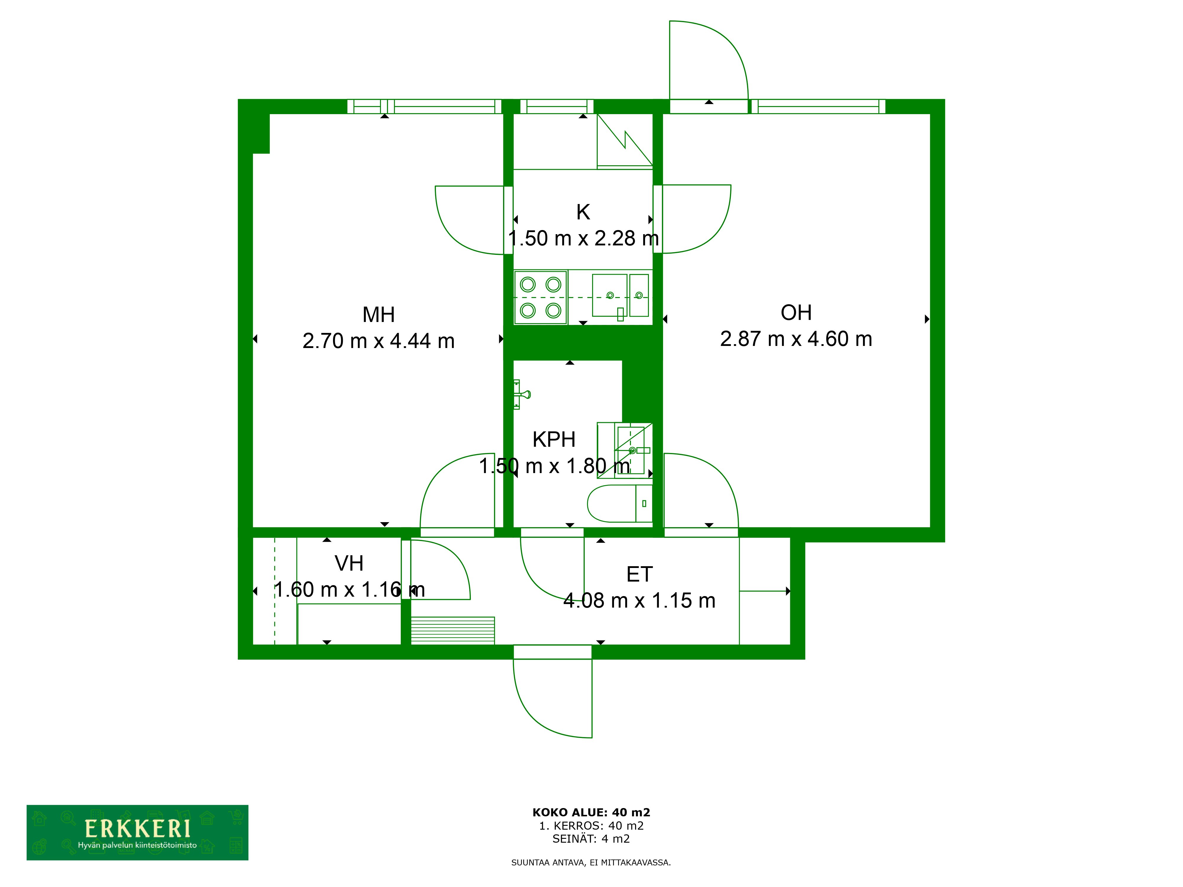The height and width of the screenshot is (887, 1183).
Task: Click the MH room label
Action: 379,315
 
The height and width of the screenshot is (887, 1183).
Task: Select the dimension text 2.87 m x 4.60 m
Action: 796,339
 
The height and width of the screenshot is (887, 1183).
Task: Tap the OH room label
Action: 796,313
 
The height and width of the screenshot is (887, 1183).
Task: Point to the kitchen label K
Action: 583,212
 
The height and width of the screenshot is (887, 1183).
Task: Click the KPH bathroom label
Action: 554,439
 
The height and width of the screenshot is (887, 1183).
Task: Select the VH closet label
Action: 349,564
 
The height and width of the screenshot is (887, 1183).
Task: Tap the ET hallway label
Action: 639,575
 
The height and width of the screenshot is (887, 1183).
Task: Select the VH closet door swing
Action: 439,569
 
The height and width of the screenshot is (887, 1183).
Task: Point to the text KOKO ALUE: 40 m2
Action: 591,813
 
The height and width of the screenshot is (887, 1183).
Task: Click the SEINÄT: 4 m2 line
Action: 591,839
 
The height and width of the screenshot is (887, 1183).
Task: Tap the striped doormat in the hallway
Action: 452,630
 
